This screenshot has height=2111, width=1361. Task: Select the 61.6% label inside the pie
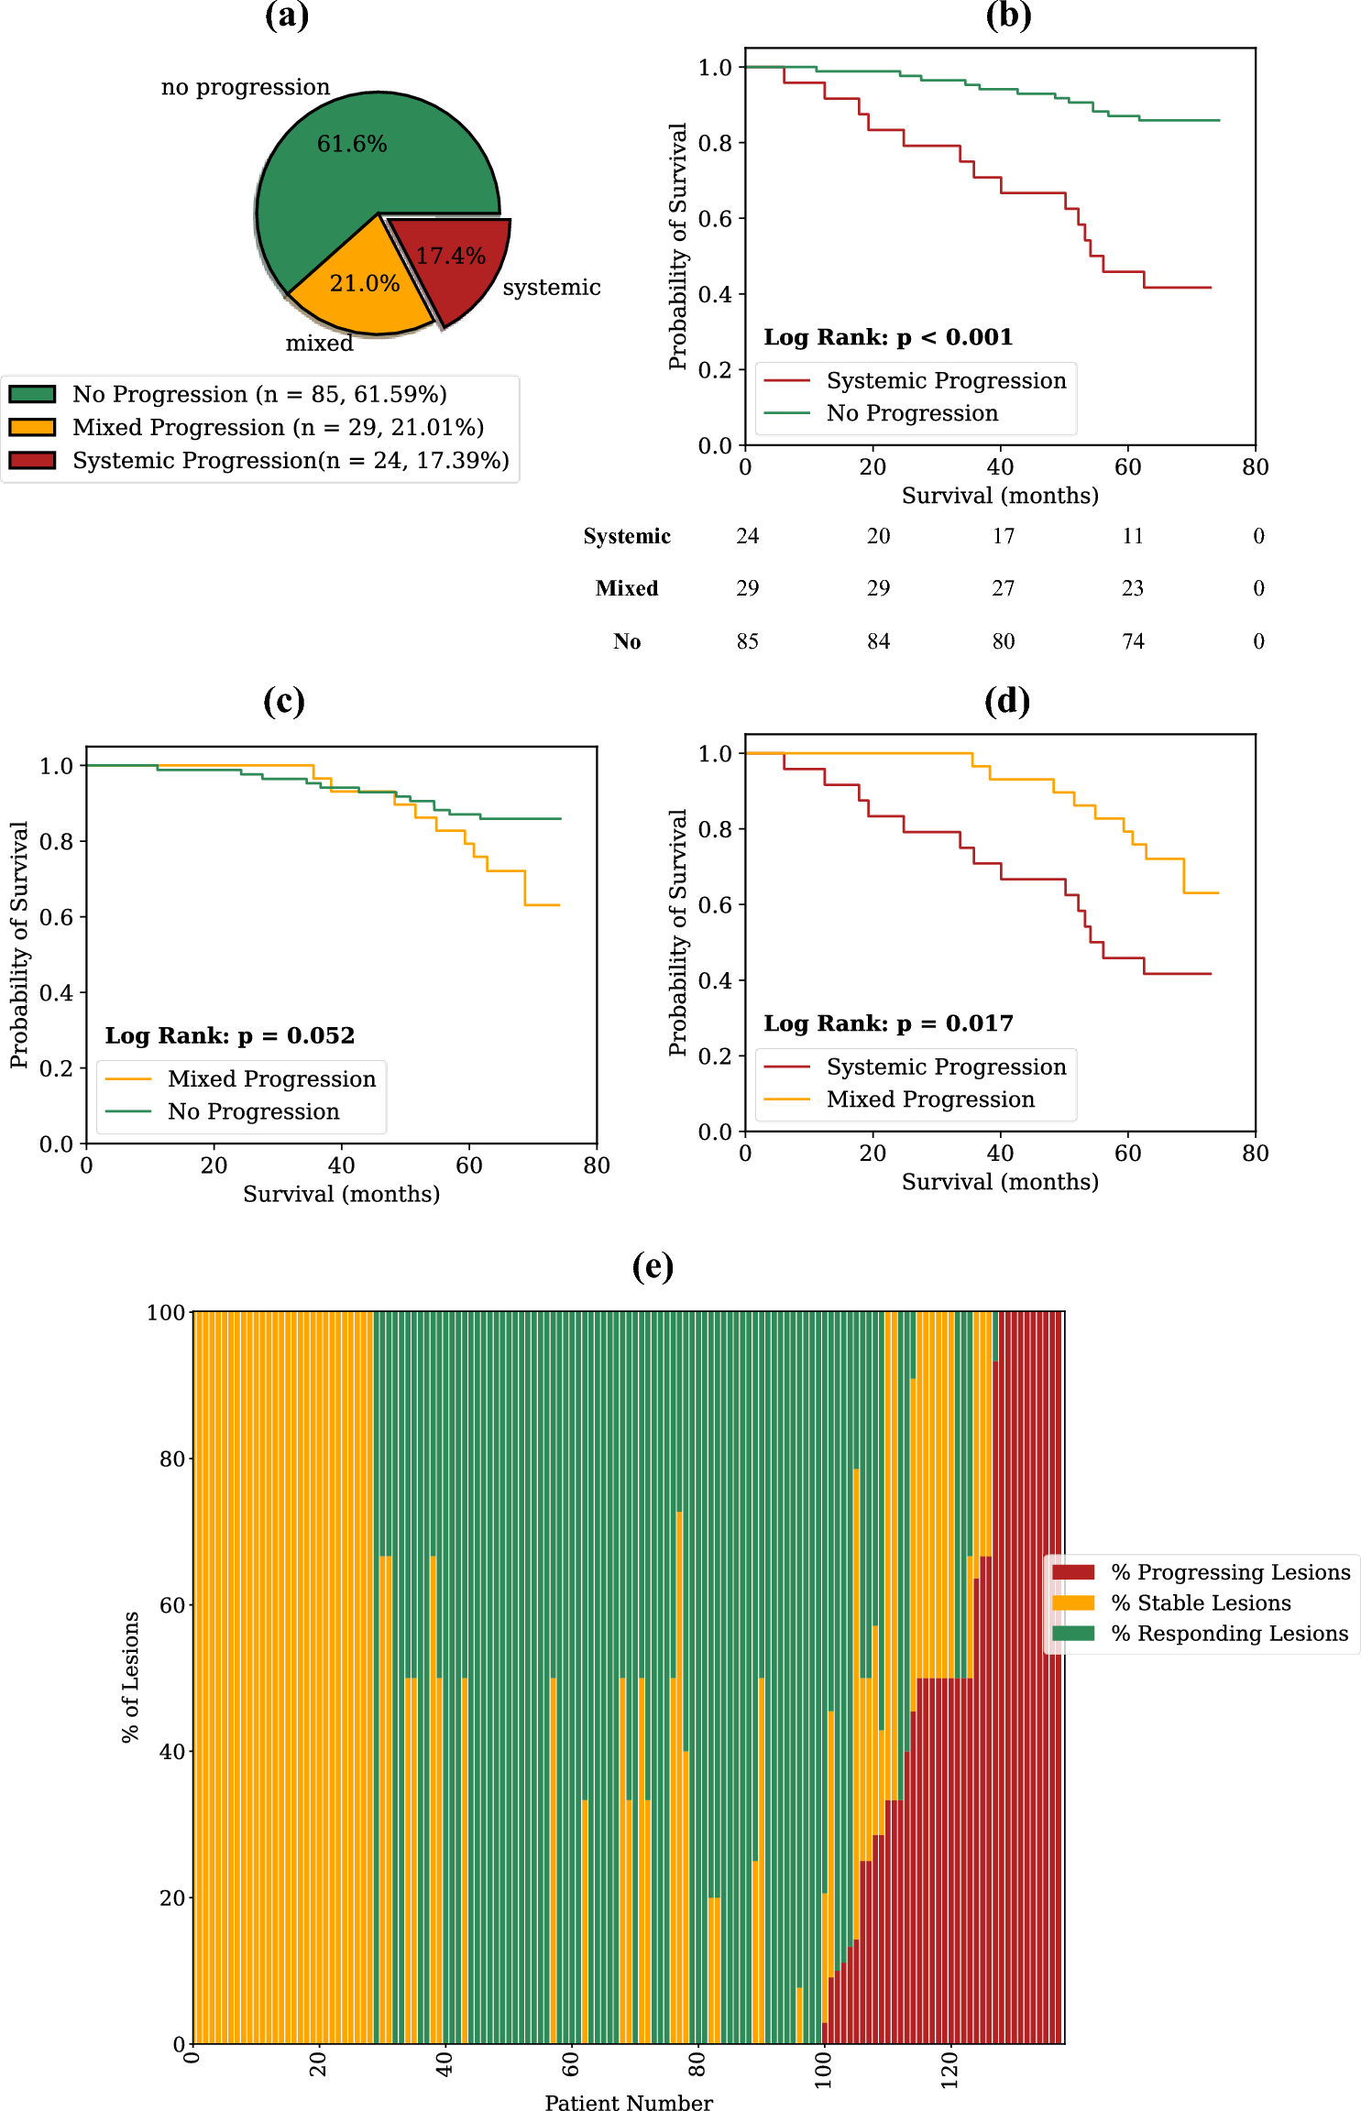pos(352,144)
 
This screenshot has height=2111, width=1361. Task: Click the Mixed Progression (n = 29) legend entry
pos(277,427)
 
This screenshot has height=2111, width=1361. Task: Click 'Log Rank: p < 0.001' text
pos(888,337)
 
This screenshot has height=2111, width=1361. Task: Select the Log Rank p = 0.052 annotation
pos(229,1035)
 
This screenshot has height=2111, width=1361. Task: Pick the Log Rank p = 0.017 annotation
pos(888,1023)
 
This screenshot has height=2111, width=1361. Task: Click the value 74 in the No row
pos(1134,641)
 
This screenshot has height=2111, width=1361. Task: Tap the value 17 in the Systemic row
pos(1004,536)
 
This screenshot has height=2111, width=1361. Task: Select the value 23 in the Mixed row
pos(1133,588)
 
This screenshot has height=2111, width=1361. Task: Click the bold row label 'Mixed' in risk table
pos(627,588)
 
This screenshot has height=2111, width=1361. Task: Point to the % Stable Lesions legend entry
pos(1201,1602)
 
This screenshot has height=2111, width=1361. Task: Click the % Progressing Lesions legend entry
pos(1230,1572)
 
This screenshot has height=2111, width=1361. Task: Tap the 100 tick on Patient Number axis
pos(824,2069)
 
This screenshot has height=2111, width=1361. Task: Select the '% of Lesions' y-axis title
pos(130,1676)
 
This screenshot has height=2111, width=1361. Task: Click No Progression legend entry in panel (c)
pos(253,1111)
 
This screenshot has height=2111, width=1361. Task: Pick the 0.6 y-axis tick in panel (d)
pos(715,904)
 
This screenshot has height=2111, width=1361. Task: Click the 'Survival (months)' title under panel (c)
pos(341,1194)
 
